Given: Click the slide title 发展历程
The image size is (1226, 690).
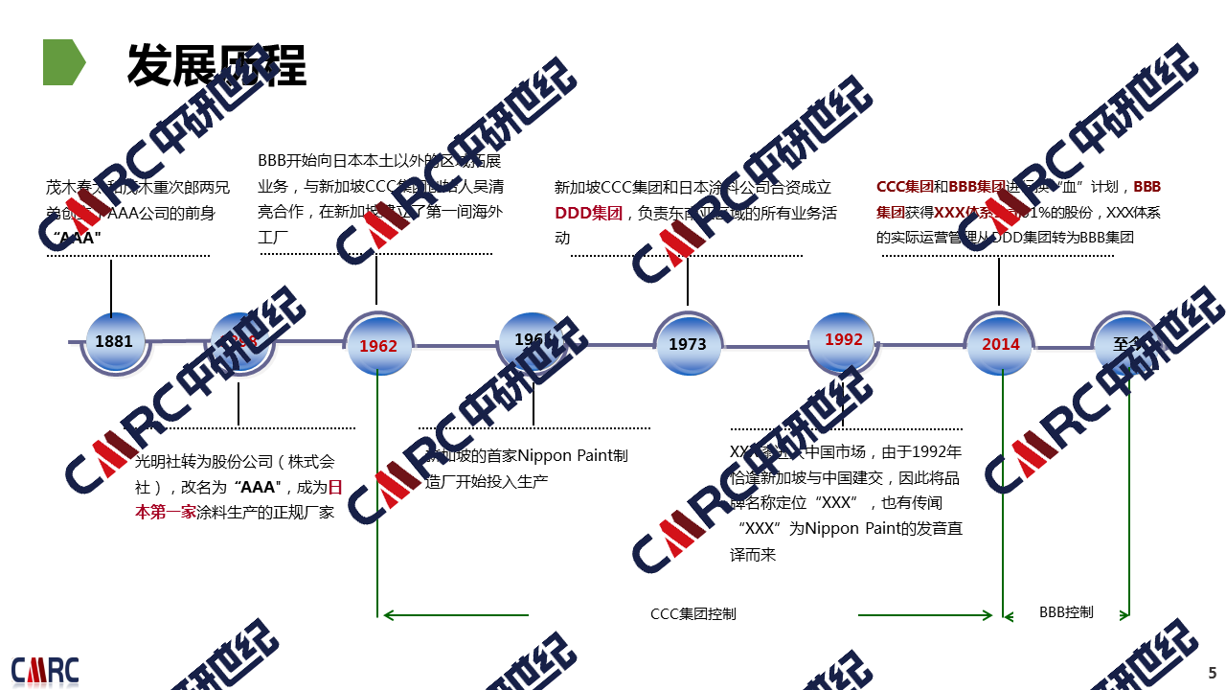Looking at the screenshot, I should point(216,65).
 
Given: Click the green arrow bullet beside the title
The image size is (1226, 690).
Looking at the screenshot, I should point(63,63).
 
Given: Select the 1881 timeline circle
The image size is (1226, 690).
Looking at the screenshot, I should point(114,342).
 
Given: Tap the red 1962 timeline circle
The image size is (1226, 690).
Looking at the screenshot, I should point(378,345).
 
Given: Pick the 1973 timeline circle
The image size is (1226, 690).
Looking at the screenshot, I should point(688,344).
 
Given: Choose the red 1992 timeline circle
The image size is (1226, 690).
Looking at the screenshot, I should point(843,340).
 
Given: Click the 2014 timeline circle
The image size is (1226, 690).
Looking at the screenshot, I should point(1001,344).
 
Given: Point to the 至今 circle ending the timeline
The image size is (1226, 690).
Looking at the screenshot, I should point(1126,344).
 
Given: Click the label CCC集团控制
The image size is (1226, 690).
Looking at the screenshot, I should point(693,614).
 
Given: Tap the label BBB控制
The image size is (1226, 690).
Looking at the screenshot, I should point(1066,611).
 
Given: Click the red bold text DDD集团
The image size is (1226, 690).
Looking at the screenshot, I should point(588,213).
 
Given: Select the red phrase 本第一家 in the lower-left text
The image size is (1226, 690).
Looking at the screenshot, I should point(165,512).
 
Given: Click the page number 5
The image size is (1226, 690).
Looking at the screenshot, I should point(1212,673).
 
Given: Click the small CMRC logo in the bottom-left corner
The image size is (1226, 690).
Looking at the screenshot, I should point(45,670).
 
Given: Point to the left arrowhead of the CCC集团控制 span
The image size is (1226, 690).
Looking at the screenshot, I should point(386,615).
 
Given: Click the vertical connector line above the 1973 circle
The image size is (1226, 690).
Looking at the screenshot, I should point(688,280).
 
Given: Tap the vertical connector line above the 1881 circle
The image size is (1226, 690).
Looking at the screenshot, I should point(112,286).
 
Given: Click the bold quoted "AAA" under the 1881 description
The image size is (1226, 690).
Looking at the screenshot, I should point(77,238).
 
